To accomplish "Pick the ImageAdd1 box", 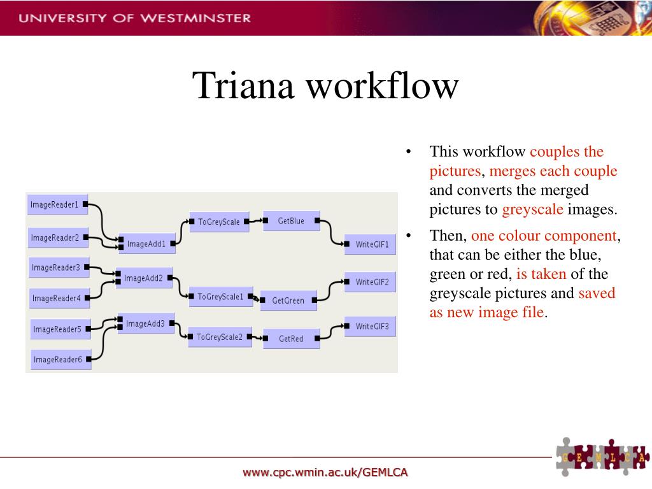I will coord(146,244).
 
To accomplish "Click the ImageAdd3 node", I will coord(145,324).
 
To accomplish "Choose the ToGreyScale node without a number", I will coord(219,222).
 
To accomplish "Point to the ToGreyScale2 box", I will coord(220,337).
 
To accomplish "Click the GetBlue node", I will coord(291,221).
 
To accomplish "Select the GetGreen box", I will coord(288,301).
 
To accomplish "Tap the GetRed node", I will coord(291,339).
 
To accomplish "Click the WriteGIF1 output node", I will coord(371,244).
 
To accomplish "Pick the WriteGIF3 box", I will coord(371,327).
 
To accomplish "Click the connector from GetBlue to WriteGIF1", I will coord(332,232).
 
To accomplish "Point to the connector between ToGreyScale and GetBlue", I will coord(256,222).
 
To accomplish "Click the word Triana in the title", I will coord(243,86).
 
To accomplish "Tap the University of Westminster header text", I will coord(134,18).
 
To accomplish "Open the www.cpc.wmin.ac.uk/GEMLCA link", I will coord(325,472).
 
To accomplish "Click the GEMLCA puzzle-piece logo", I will coord(602,457).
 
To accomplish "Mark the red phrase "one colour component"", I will coord(544,236).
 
